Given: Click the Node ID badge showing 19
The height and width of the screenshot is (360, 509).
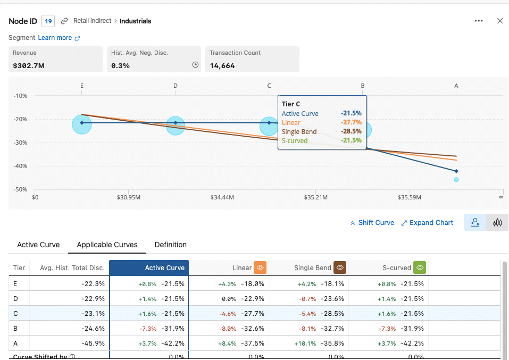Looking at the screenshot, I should point(48,21).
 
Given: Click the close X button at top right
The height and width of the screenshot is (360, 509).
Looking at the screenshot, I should point(499,21).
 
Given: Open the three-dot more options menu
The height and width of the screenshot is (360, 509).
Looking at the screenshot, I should point(479,21).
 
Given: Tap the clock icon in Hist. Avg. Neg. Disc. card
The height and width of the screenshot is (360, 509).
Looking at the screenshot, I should point(195,65).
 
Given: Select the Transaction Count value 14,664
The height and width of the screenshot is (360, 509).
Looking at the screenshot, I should point(222,65).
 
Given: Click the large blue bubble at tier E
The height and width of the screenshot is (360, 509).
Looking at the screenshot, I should point(82,124).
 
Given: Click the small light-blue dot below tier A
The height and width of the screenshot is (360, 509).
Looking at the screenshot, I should point(456,180).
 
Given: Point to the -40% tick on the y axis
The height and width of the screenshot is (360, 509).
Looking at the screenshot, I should point(20,166).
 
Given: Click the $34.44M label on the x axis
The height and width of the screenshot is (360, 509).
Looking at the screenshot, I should point(222,197).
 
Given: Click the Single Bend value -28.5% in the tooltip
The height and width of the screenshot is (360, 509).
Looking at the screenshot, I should point(351,131).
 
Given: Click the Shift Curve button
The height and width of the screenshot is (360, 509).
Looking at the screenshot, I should point(372,223).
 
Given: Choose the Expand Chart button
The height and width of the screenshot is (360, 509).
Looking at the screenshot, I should point(427,223).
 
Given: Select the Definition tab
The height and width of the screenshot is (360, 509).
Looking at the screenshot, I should point(170,245).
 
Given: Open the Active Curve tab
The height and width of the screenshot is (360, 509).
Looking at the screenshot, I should point(38,245).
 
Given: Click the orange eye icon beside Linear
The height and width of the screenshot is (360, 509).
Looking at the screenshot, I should point(260,267).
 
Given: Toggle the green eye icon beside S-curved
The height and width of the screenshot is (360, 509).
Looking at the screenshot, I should point(420,267).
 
